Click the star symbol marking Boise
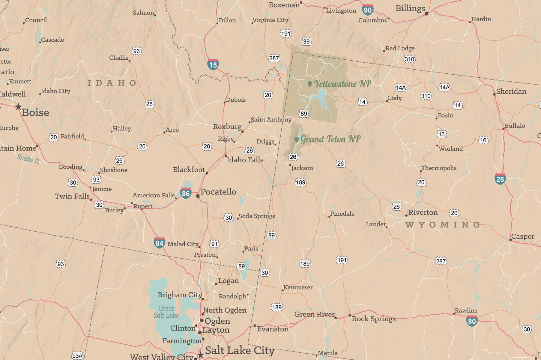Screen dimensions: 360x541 pos(19,106)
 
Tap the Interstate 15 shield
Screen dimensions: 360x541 pos(213,64)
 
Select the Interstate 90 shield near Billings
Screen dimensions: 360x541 pos(367,10)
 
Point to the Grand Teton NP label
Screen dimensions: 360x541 pos(330,139)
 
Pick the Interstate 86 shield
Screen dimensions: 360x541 pos(186,193)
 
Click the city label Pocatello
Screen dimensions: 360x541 pos(218,192)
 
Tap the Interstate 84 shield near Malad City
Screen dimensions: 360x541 pos(159,243)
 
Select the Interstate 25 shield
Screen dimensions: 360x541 pos(500,179)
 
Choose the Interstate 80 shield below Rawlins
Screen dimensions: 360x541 pos(472,321)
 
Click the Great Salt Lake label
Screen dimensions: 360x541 pos(166,312)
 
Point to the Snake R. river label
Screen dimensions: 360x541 pos(28,159)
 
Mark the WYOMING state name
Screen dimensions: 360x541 pos(443,225)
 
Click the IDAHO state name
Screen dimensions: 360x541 pos(112,83)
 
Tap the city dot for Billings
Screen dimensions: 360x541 pos(426,13)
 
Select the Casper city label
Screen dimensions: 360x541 pos(522,236)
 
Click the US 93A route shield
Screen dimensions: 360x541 pos(77,356)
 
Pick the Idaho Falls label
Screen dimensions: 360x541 pos(245,160)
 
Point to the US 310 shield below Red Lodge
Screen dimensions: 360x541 pos(409,59)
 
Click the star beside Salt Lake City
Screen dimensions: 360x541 pos(201,355)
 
